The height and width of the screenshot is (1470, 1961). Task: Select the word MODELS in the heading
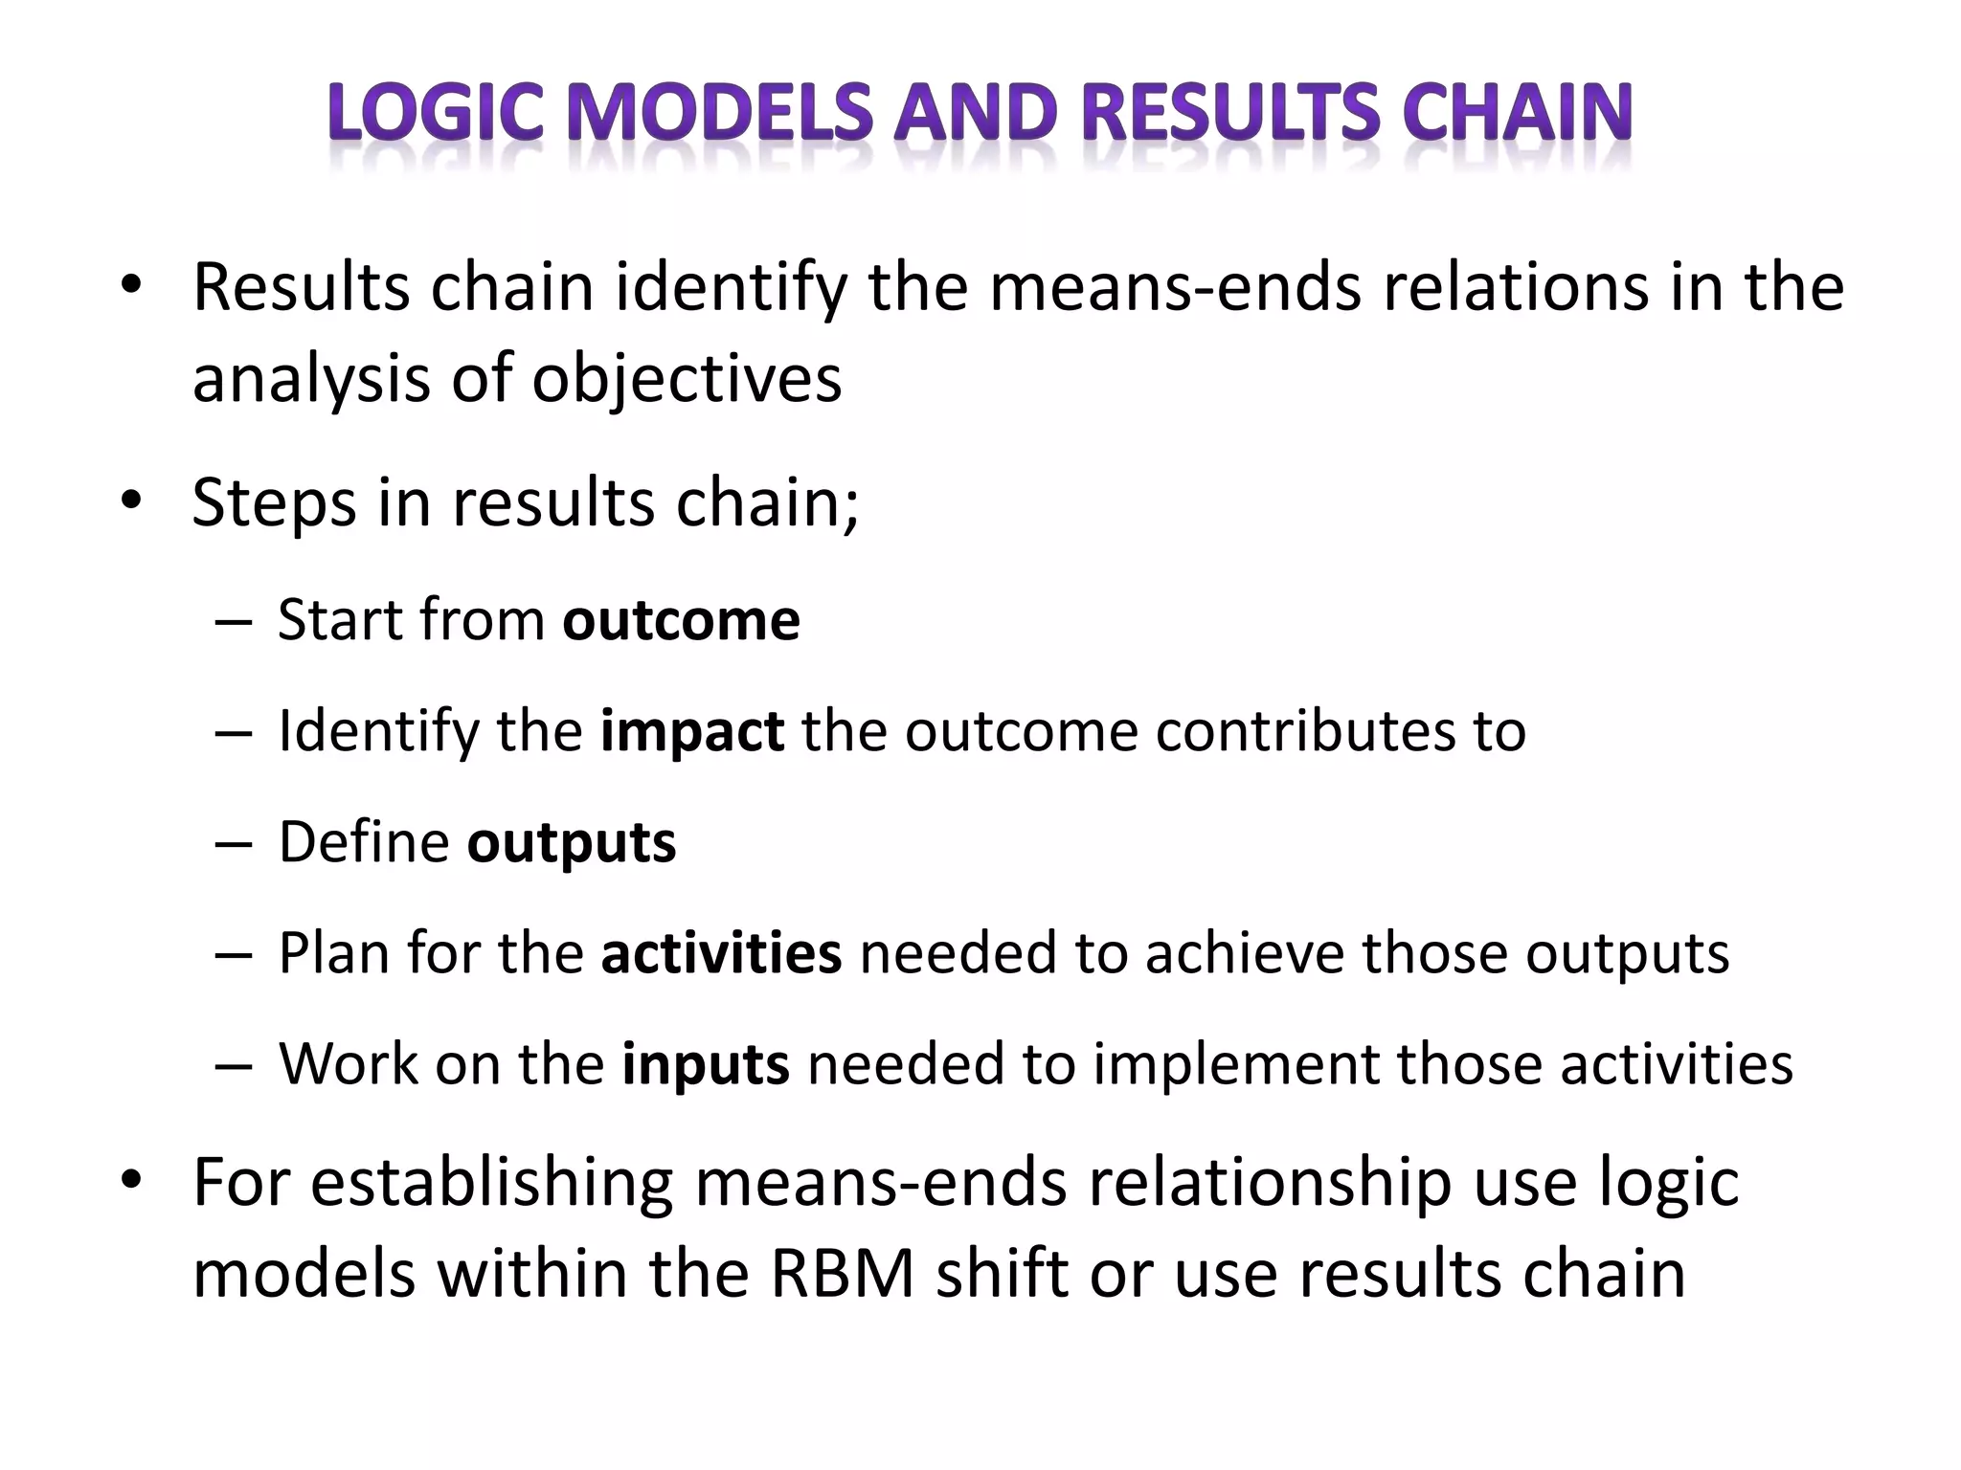tap(719, 112)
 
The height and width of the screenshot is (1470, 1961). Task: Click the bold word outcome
tap(681, 620)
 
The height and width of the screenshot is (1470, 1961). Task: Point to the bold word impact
tap(692, 731)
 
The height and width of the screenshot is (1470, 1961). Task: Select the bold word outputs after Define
tap(572, 843)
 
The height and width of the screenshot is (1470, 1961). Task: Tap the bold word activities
tap(721, 953)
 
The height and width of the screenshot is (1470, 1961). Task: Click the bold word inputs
tap(706, 1064)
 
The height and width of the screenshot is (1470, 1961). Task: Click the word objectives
tap(687, 378)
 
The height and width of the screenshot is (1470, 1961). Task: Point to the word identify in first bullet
tap(731, 287)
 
